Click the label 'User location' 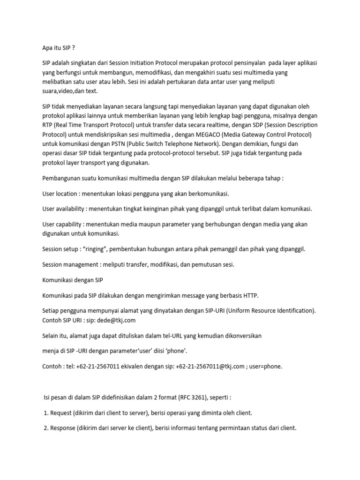click(x=59, y=194)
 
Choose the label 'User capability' click(x=61, y=224)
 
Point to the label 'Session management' click(x=68, y=264)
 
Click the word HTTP click(x=248, y=295)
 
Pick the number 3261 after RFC click(x=196, y=397)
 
